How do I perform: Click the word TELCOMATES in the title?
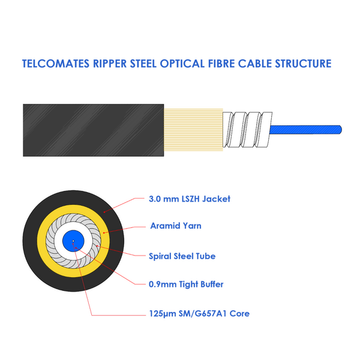pos(55,64)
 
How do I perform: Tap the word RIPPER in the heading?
pos(110,64)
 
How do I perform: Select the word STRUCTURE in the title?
pos(303,64)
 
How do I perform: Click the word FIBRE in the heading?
pos(221,64)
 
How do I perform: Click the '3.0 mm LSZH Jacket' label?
pos(190,199)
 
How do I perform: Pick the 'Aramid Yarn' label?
pos(176,226)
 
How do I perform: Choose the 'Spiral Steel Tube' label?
pos(182,256)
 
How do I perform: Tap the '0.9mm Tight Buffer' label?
pos(186,284)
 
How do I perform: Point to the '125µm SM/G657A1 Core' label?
pos(199,314)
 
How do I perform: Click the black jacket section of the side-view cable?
pos(94,130)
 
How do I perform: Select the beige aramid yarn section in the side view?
pos(193,130)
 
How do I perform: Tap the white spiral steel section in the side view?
pos(247,130)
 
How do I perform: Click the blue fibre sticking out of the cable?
pos(305,130)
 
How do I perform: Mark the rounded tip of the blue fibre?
pos(341,130)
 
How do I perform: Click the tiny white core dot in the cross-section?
pos(73,241)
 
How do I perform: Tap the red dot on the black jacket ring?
pos(104,212)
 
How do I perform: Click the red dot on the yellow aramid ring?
pos(104,233)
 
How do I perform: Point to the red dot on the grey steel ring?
pos(97,246)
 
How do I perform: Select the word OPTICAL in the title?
pos(182,64)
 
